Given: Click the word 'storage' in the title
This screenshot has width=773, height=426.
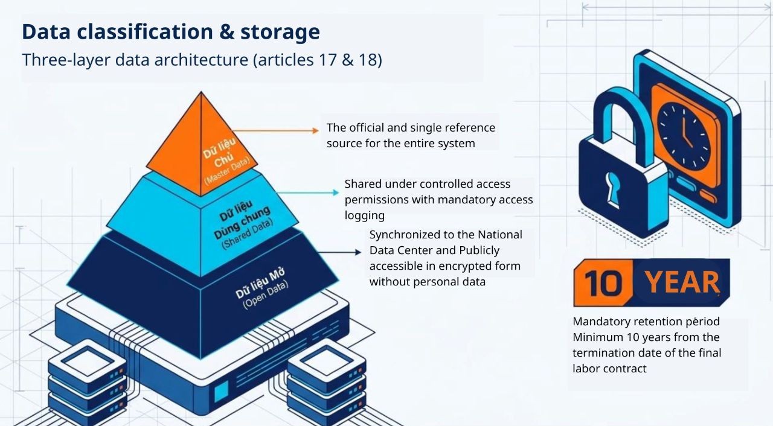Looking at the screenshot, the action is pyautogui.click(x=280, y=32).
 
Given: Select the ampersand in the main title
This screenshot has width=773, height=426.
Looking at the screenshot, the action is pyautogui.click(x=226, y=32).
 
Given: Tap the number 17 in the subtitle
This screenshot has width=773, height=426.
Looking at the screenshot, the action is pyautogui.click(x=327, y=60).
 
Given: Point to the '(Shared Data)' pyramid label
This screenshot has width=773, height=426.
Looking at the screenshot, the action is pyautogui.click(x=247, y=234).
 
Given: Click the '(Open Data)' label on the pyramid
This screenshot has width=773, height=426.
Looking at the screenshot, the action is pyautogui.click(x=266, y=296).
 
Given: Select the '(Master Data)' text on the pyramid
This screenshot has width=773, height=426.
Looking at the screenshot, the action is pyautogui.click(x=226, y=171).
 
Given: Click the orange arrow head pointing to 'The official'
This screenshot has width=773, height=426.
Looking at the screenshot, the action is pyautogui.click(x=315, y=130).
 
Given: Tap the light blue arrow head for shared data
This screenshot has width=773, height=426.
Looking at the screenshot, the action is pyautogui.click(x=336, y=192).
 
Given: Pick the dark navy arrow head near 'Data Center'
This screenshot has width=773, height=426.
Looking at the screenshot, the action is pyautogui.click(x=358, y=252).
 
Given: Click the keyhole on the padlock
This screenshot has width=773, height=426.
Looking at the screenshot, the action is pyautogui.click(x=612, y=189).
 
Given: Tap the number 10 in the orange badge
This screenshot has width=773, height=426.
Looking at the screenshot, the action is pyautogui.click(x=603, y=284).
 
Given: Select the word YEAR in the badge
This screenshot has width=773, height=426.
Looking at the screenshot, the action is pyautogui.click(x=682, y=282).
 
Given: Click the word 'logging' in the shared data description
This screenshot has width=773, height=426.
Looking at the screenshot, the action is pyautogui.click(x=364, y=215).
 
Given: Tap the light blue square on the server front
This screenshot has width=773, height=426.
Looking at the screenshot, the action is pyautogui.click(x=221, y=392).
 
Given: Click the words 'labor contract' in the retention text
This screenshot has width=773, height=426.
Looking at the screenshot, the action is pyautogui.click(x=609, y=369).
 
